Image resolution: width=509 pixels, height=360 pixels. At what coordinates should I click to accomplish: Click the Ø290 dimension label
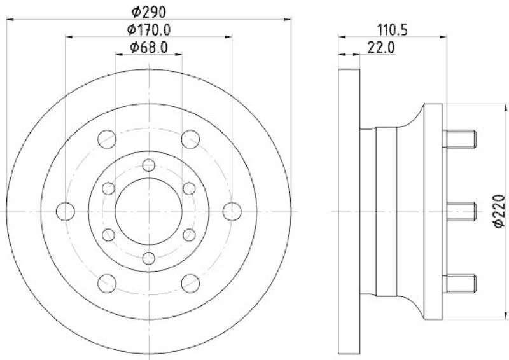coord(149,12)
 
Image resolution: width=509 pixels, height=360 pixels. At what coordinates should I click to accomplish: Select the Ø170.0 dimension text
coord(149,30)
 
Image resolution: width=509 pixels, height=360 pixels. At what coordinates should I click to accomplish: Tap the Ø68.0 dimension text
coord(149,48)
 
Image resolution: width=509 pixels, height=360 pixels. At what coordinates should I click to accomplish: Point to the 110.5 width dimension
coord(393,30)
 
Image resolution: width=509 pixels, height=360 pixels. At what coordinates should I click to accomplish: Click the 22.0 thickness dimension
coord(381,48)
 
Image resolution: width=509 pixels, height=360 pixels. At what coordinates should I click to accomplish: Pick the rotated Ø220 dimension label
coord(499,211)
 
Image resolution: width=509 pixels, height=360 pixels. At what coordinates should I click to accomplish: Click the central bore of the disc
coord(149,211)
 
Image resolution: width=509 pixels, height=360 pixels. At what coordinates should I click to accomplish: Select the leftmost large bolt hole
coord(66,211)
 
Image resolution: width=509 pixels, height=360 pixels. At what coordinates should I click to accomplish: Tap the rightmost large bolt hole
coord(232,211)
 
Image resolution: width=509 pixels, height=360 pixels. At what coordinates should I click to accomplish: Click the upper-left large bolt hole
coord(107,139)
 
